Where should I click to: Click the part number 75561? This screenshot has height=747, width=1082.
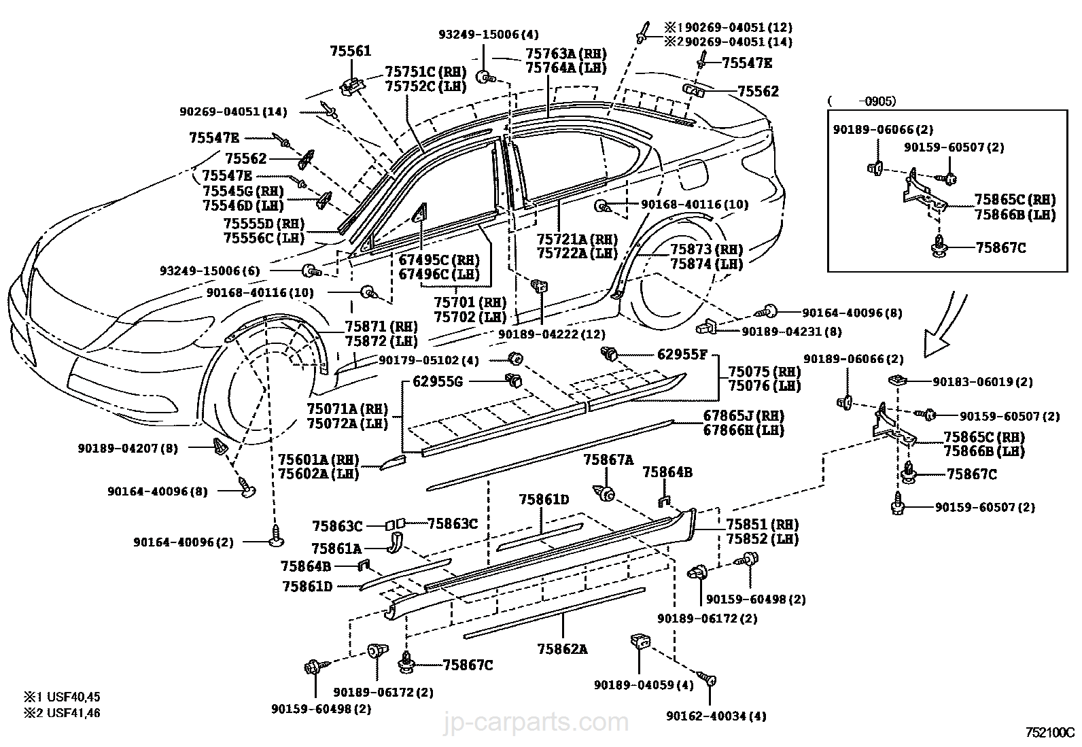pyautogui.click(x=351, y=51)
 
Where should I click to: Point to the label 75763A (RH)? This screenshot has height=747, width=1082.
pyautogui.click(x=565, y=54)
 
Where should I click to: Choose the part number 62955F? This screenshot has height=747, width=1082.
pyautogui.click(x=682, y=354)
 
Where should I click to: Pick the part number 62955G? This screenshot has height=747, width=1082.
pyautogui.click(x=438, y=382)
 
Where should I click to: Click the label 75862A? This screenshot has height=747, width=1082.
pyautogui.click(x=563, y=648)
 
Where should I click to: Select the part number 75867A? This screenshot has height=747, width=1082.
pyautogui.click(x=608, y=460)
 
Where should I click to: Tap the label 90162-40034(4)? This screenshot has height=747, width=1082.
pyautogui.click(x=716, y=715)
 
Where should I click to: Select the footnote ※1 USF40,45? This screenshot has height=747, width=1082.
pyautogui.click(x=63, y=697)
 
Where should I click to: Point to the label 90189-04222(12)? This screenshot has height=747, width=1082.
pyautogui.click(x=551, y=334)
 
